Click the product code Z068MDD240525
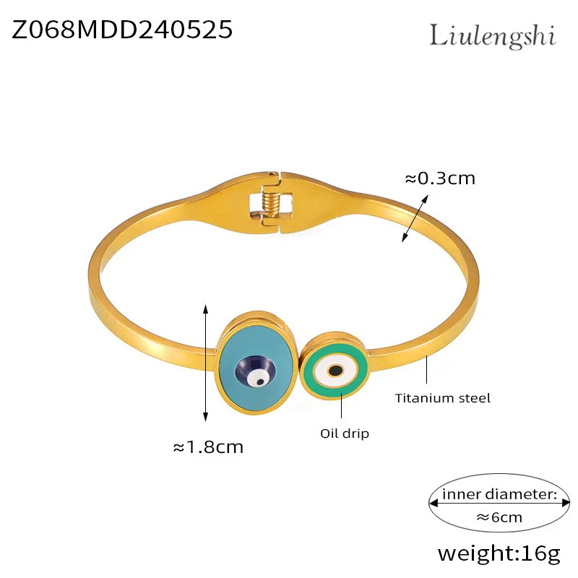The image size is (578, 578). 122,30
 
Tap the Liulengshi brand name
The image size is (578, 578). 493,35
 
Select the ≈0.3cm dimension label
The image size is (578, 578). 439,178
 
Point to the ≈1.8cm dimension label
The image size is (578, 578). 208,447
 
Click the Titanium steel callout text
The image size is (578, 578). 443,397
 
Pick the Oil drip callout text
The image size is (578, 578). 345,433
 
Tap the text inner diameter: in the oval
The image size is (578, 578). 499,494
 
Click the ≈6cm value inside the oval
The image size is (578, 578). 499,517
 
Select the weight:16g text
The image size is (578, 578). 499,554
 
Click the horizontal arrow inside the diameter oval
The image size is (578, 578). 499,505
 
